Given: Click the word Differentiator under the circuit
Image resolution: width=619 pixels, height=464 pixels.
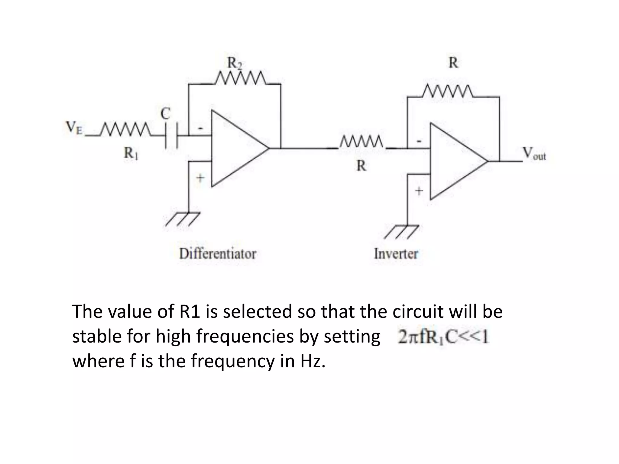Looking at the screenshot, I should (x=218, y=254).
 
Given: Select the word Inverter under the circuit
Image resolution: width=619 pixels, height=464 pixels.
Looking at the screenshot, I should (x=396, y=254).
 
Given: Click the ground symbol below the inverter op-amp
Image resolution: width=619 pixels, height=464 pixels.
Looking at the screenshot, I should (x=402, y=232).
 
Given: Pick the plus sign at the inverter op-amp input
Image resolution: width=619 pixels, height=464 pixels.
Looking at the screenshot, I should (x=419, y=191).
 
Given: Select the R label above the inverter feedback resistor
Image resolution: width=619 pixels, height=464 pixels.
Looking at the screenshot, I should (x=453, y=63).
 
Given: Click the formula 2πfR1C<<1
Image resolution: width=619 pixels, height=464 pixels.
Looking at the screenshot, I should (x=443, y=337).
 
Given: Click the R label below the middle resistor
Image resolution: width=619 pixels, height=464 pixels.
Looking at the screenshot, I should (x=361, y=166).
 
